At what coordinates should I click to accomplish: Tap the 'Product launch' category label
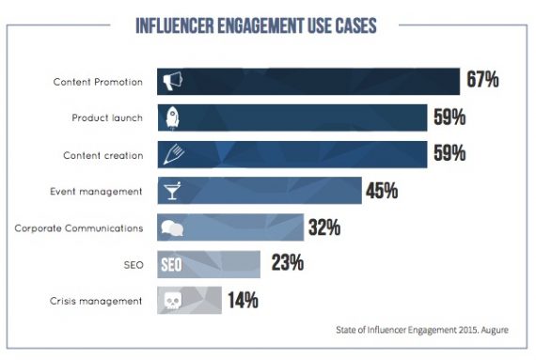[106, 117]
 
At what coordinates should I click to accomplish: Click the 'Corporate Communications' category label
[79, 227]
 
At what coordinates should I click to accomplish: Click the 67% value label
[482, 81]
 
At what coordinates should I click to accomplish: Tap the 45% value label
[382, 191]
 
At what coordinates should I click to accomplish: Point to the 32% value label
[323, 227]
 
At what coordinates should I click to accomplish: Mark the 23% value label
[287, 264]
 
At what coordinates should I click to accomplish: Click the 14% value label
[242, 301]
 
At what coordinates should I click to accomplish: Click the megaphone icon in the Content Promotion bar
[171, 81]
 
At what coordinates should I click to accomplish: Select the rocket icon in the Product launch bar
[171, 117]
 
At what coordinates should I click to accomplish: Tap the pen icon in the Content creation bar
[171, 154]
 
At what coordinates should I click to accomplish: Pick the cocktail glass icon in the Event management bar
[170, 191]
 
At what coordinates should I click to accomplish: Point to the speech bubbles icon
[171, 228]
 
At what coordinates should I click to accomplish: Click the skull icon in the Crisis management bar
[171, 301]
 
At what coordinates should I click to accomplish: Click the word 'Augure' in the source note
[500, 330]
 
